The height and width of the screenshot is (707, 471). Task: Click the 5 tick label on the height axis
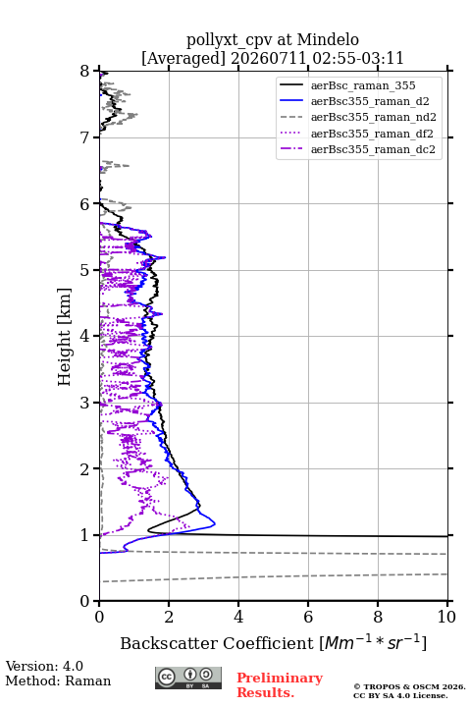[x=85, y=271]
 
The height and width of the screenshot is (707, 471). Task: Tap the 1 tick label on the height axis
[x=85, y=535]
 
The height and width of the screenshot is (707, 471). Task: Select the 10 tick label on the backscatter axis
[x=446, y=617]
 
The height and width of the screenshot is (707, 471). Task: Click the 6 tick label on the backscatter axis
[x=308, y=617]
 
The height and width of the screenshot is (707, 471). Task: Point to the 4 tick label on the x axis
[x=238, y=617]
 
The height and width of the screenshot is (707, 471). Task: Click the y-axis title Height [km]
[x=65, y=337]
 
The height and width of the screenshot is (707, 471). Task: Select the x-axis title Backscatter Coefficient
[x=217, y=643]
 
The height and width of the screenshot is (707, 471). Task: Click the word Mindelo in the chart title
[x=328, y=39]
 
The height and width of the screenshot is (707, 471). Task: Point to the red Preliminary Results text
[x=280, y=685]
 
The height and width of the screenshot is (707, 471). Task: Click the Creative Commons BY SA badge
[x=188, y=678]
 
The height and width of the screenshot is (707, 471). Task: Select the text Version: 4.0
[x=44, y=666]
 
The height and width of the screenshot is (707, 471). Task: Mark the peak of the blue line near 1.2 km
[x=215, y=524]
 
